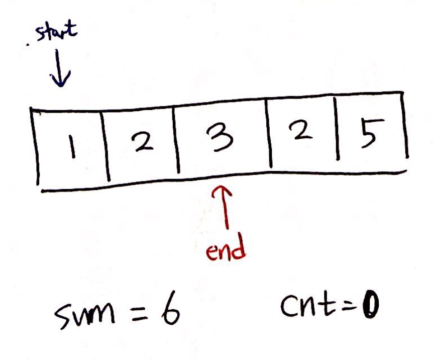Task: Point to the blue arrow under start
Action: (x=60, y=68)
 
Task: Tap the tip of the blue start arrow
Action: (x=60, y=85)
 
